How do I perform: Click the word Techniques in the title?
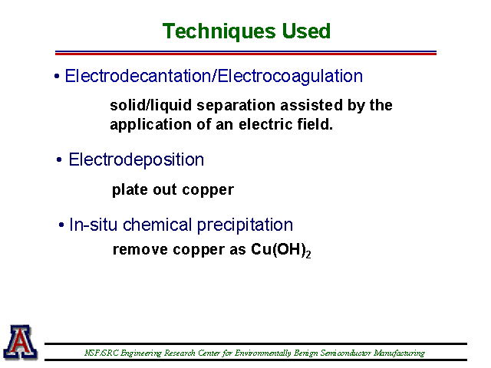pyautogui.click(x=219, y=31)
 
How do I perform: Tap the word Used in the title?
pyautogui.click(x=306, y=31)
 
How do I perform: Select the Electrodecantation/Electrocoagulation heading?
pyautogui.click(x=213, y=77)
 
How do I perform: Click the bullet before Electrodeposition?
pyautogui.click(x=59, y=160)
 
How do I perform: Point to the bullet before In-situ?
pyautogui.click(x=61, y=225)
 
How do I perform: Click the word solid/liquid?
pyautogui.click(x=150, y=106)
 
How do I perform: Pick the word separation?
pyautogui.click(x=238, y=106)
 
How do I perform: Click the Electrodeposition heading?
pyautogui.click(x=137, y=160)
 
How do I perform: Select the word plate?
pyautogui.click(x=130, y=189)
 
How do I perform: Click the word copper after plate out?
pyautogui.click(x=208, y=190)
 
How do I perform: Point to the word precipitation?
pyautogui.click(x=245, y=225)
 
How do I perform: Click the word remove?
pyautogui.click(x=140, y=250)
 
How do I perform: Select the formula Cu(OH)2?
pyautogui.click(x=281, y=250)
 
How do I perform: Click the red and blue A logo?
pyautogui.click(x=21, y=342)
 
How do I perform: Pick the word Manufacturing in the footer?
pyautogui.click(x=399, y=353)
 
